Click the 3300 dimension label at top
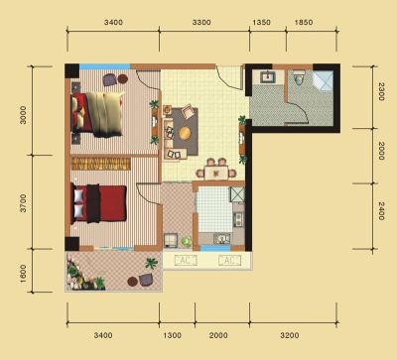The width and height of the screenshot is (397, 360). (x=201, y=23)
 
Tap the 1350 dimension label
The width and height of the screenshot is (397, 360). (x=261, y=23)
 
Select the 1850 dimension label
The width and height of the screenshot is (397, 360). (x=304, y=23)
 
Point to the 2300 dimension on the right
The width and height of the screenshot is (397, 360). (x=381, y=91)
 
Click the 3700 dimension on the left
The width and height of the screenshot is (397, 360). (x=23, y=203)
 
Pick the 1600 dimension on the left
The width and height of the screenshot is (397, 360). (x=23, y=274)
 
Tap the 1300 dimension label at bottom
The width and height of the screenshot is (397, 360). (x=173, y=335)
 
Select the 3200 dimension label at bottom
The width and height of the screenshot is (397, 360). (x=290, y=335)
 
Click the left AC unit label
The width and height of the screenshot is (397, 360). (x=186, y=261)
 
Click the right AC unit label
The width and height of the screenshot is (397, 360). (x=229, y=261)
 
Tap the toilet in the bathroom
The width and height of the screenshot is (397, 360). (x=299, y=78)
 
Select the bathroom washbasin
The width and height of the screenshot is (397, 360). (x=267, y=77)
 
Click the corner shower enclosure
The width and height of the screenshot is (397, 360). (x=323, y=80)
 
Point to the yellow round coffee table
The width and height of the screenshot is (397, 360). (x=185, y=133)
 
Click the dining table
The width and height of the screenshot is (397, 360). (x=216, y=173)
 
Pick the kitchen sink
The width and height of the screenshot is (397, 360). (x=221, y=238)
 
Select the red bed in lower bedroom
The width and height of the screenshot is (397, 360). (x=99, y=203)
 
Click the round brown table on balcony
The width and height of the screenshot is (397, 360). (x=133, y=282)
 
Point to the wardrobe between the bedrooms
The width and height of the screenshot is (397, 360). (x=100, y=164)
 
